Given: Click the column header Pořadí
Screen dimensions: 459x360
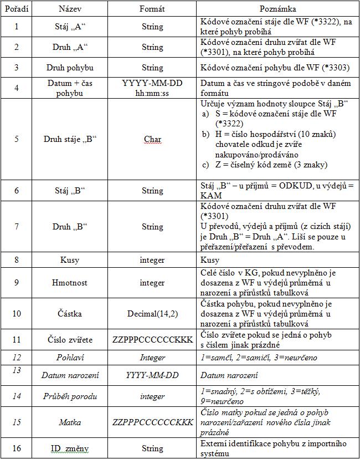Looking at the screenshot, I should click(16, 9).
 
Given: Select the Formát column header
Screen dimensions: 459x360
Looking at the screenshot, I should click(152, 9).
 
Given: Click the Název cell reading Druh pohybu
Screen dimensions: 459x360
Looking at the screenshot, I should click(70, 68).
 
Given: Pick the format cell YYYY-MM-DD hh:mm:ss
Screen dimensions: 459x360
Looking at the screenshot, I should click(152, 88).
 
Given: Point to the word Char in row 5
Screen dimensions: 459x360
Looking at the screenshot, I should click(152, 139).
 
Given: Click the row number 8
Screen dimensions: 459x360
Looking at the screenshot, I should click(16, 259).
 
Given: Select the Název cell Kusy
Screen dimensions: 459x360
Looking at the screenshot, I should click(70, 259).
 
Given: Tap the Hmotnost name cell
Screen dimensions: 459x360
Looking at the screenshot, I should click(70, 282).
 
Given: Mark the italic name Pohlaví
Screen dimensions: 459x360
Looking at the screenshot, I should click(70, 358).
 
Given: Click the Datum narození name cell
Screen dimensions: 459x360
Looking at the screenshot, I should click(70, 375).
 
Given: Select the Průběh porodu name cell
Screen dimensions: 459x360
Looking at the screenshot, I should click(70, 396).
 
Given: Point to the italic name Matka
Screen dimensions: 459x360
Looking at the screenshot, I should click(70, 422).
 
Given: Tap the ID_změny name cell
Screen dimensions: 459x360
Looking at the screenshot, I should click(70, 448).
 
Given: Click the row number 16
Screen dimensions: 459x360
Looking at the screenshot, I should click(16, 448).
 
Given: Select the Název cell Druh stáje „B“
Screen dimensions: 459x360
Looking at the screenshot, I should click(70, 139).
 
